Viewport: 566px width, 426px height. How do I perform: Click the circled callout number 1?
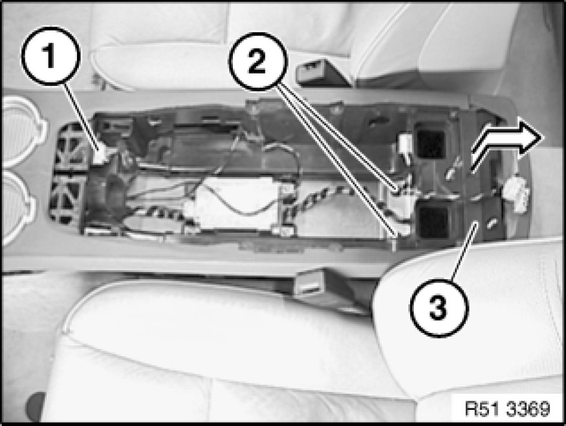[50, 56]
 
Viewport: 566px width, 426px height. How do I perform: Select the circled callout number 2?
[257, 61]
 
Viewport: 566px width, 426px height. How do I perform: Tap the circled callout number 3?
[439, 308]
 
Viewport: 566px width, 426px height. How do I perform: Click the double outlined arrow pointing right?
[507, 144]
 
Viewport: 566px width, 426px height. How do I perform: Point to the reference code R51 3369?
[508, 409]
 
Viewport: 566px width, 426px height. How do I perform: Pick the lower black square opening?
[433, 220]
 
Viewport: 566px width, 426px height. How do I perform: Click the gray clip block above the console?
[321, 73]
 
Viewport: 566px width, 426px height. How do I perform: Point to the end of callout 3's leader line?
[475, 224]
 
